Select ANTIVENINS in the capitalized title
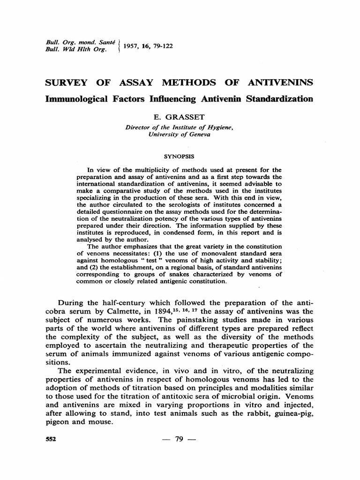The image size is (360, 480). click(280, 83)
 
